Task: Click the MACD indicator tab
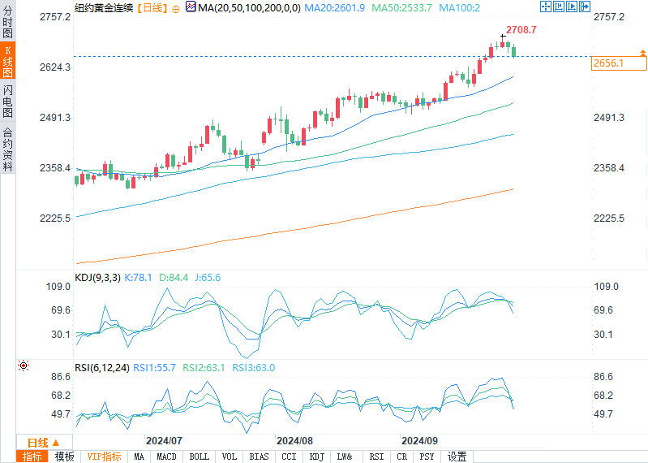pos(166,457)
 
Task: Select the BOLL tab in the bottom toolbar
pos(199,457)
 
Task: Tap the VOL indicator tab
pos(230,457)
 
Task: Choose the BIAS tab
pos(259,457)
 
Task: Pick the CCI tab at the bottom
pos(289,457)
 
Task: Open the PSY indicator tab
pos(427,457)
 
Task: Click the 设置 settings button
pos(457,457)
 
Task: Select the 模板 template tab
pos(64,457)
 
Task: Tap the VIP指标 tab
pos(105,457)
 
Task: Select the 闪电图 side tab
pos(7,100)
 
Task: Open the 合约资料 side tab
pos(7,149)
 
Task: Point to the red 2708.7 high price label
pos(521,29)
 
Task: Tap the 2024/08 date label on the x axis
pos(294,439)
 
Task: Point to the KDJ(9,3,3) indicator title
pos(97,278)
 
